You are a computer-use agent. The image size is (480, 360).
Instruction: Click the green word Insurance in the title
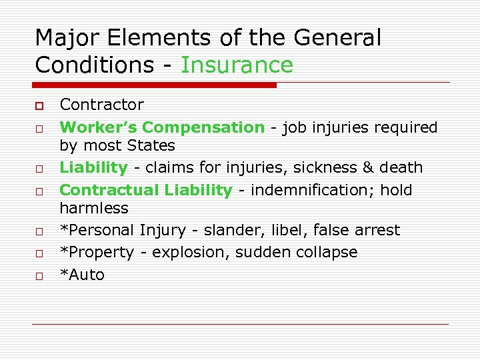(237, 65)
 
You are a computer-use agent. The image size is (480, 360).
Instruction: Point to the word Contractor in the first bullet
(101, 105)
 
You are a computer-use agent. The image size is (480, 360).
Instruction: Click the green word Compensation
(203, 127)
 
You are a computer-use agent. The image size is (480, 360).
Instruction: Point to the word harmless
(94, 208)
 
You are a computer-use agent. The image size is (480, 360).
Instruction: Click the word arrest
(376, 230)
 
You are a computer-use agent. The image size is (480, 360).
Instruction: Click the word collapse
(331, 252)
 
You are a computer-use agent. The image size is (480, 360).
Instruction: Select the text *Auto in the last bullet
(82, 275)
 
